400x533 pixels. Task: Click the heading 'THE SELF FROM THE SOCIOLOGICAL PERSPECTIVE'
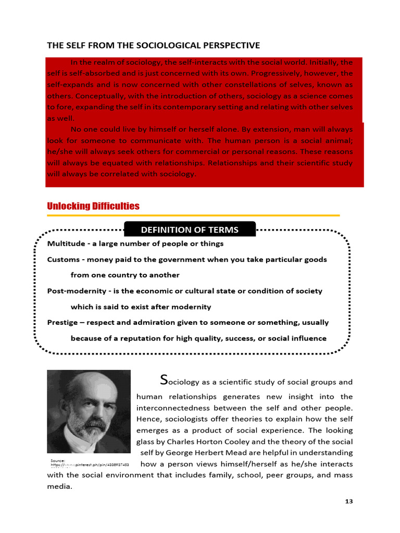point(154,46)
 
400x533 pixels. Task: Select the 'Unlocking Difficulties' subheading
point(93,206)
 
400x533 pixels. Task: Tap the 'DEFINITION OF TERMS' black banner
point(190,230)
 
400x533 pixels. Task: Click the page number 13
point(348,501)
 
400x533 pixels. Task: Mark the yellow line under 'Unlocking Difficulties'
point(193,215)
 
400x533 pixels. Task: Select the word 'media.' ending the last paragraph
point(59,487)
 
